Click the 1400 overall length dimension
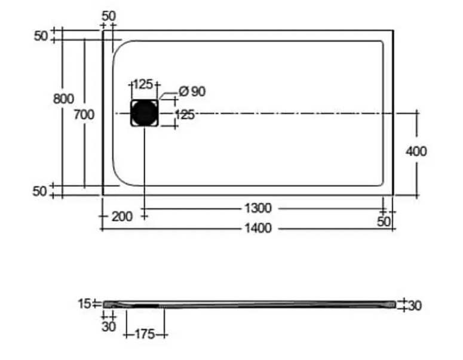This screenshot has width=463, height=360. coord(258,228)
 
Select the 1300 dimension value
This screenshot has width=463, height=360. coord(258,208)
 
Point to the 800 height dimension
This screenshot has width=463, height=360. coord(63,99)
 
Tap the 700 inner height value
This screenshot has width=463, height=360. coord(84,115)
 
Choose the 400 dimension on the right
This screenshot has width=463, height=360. coord(416,152)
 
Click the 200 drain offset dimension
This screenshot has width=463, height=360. coord(122,217)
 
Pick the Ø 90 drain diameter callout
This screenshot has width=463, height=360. coord(192,91)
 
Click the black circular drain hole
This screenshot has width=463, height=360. coord(145,113)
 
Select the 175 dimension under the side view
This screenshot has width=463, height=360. coord(145,334)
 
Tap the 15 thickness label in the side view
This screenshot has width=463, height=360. coord(84,304)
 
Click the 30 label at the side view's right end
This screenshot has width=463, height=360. coord(415,306)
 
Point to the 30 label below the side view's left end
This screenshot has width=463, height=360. coord(109,327)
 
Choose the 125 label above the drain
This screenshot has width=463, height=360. coord(143,84)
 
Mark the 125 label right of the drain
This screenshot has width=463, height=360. coord(185,115)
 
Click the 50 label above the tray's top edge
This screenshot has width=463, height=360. coord(109,16)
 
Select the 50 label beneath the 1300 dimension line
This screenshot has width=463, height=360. coord(384,221)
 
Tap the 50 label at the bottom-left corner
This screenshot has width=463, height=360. coord(39,191)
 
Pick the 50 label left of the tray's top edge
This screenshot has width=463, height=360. coord(41,36)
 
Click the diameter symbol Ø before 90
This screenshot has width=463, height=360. coord(183,91)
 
